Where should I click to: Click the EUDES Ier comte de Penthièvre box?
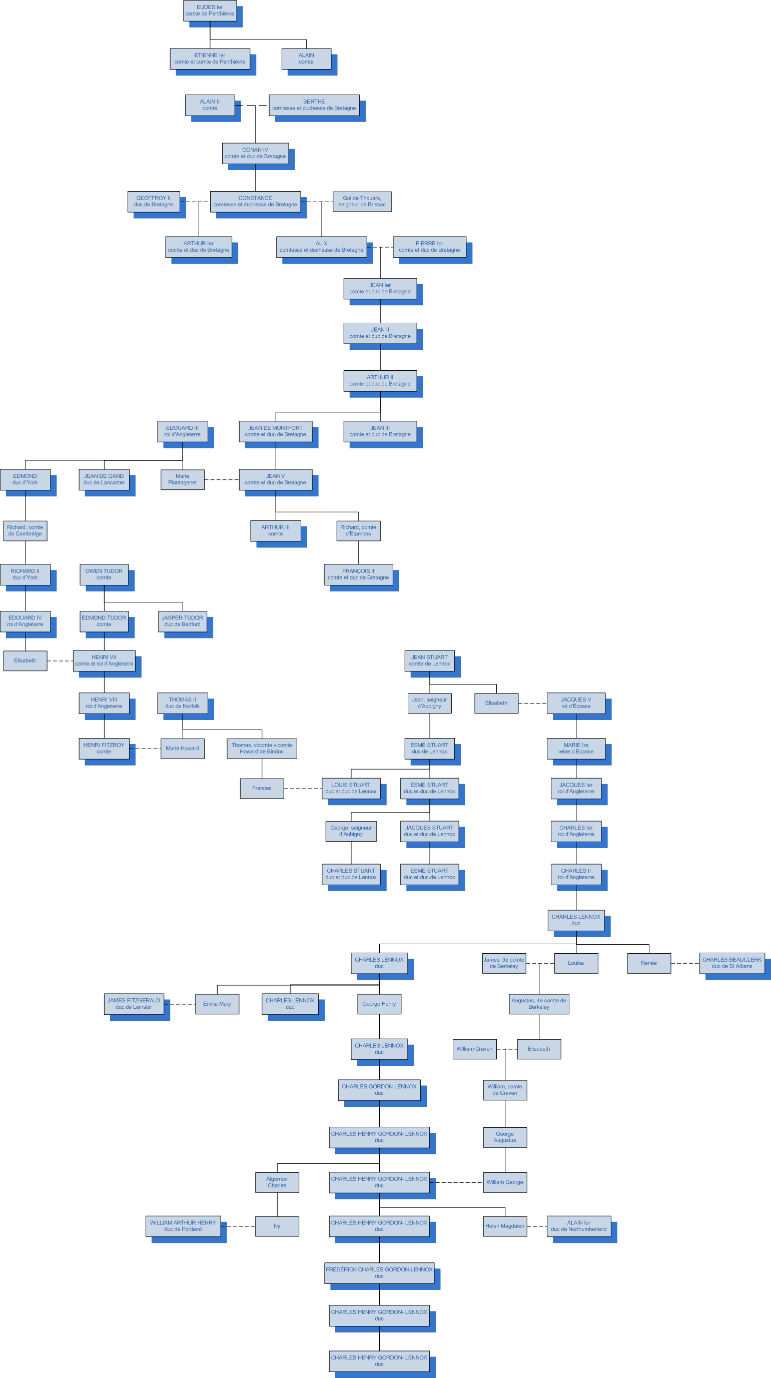click(210, 11)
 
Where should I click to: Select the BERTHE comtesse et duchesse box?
click(314, 105)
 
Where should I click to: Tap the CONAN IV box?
click(255, 153)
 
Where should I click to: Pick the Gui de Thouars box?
click(362, 201)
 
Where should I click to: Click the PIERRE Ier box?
click(429, 247)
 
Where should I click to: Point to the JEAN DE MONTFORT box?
click(276, 431)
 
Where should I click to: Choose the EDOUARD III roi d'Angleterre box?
click(183, 431)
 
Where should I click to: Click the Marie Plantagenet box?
click(183, 479)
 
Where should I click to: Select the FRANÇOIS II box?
click(358, 574)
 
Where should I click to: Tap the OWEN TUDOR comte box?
click(104, 574)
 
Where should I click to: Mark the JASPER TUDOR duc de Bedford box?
click(183, 621)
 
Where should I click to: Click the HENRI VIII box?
click(104, 703)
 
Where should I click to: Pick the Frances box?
click(262, 788)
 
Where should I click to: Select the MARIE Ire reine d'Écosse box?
click(576, 749)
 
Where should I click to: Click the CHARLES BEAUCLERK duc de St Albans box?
click(732, 963)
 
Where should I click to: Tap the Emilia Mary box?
click(217, 1004)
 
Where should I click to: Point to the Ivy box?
click(277, 1226)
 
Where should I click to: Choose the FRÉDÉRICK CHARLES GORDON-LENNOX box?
click(379, 1272)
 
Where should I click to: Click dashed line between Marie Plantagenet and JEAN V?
click(222, 479)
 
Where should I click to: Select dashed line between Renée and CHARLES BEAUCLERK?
click(685, 963)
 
